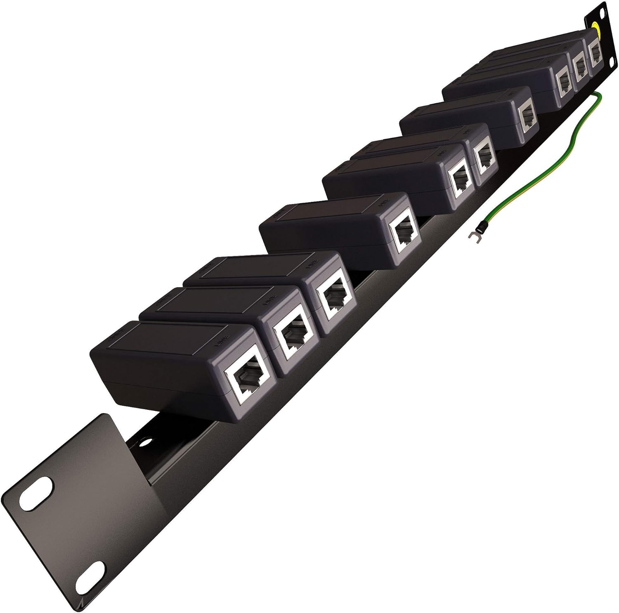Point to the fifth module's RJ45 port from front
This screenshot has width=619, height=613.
pos(460,182)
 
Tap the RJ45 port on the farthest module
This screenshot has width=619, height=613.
pos(595,53)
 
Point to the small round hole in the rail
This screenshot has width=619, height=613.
pos(144,442)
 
